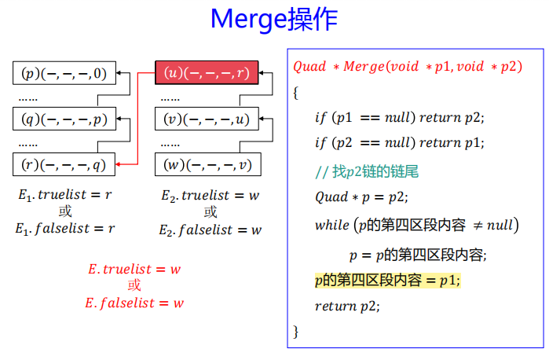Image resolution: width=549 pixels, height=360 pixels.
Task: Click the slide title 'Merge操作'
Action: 274,20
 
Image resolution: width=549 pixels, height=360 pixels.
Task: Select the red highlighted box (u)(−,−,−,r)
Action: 206,73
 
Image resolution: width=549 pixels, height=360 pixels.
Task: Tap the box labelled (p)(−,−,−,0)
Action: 64,74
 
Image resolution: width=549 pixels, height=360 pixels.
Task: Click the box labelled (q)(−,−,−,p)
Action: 64,119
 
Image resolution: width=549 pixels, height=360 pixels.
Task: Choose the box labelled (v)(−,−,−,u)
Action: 206,119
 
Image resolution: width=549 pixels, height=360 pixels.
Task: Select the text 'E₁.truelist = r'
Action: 64,194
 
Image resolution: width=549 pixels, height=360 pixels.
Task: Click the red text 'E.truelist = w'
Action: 134,269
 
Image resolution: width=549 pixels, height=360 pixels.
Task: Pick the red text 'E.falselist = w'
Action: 134,303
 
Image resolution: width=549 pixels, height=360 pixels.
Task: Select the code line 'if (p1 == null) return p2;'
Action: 399,118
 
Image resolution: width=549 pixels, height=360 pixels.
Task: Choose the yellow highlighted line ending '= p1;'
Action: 386,280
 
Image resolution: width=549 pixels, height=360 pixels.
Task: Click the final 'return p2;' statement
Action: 346,307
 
